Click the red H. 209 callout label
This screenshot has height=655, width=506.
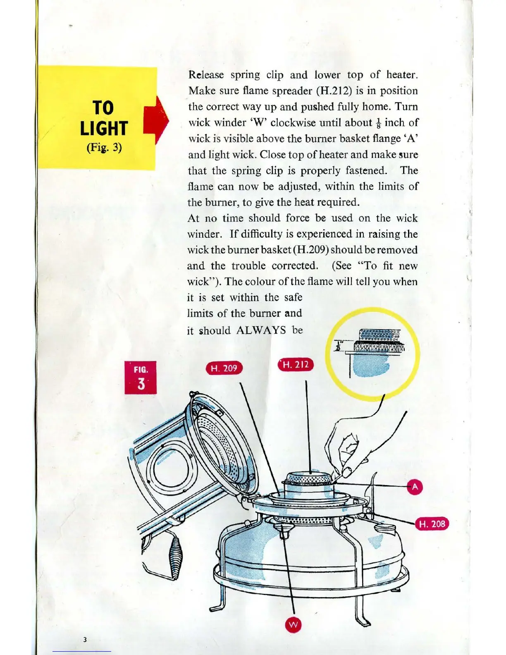(224, 368)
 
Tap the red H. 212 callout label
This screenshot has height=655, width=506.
(296, 365)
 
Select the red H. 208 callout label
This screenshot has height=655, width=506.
(432, 524)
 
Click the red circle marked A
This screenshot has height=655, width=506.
(415, 487)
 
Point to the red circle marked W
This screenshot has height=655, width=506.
(293, 625)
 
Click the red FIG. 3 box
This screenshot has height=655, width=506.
(141, 377)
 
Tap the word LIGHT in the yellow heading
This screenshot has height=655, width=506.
(104, 129)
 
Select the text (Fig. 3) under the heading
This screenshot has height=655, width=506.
(104, 148)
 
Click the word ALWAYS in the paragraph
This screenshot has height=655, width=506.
(261, 330)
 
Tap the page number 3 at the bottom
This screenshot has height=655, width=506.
(85, 640)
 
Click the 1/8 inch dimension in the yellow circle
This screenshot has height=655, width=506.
(339, 347)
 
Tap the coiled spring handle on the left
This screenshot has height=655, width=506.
(175, 556)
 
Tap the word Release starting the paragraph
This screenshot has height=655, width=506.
(206, 75)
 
